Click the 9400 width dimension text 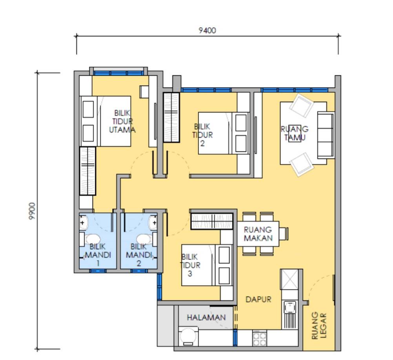207,30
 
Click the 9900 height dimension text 32,211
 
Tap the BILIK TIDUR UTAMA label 122,121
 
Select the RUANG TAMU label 295,133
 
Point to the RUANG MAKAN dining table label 258,234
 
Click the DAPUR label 258,299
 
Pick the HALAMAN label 206,318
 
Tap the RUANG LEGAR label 319,325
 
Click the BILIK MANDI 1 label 98,255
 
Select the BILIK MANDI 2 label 139,255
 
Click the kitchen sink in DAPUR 290,307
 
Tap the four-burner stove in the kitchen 260,338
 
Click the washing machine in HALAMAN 188,336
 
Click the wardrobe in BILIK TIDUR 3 212,221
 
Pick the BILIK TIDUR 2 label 202,135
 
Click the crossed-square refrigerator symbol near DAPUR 289,279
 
